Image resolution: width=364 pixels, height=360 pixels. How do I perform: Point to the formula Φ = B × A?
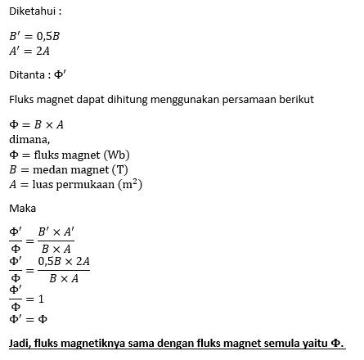(x=37, y=125)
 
